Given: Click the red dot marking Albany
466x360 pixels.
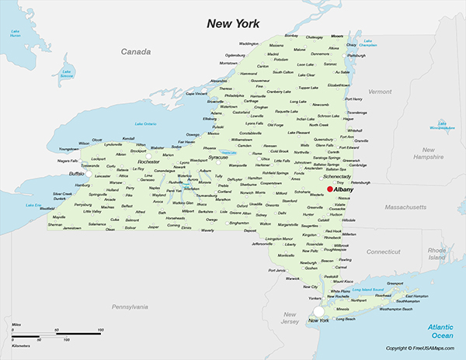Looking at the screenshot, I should [x=329, y=189].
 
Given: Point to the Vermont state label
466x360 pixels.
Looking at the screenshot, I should [x=380, y=92].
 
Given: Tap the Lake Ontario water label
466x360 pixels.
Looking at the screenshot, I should [x=145, y=123].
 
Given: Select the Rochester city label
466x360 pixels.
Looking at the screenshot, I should [x=148, y=162].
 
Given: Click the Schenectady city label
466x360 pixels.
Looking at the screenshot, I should [x=337, y=177].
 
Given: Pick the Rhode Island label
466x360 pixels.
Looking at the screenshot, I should [x=436, y=254].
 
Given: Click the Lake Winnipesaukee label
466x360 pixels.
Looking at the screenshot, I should [x=444, y=126].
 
